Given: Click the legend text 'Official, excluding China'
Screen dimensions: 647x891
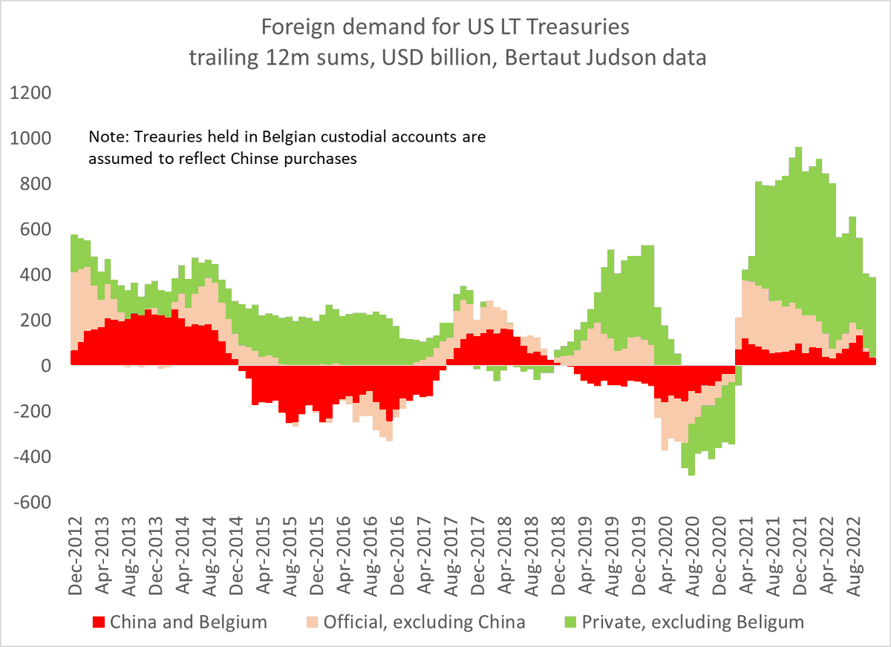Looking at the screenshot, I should coord(424,622).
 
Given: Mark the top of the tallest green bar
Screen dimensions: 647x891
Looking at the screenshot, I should coord(799,148).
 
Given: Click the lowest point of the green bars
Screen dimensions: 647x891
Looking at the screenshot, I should coord(691,475).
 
